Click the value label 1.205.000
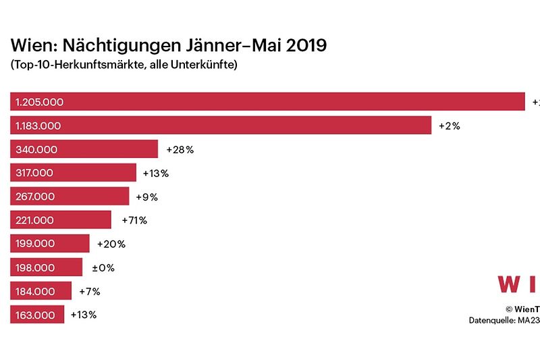[x=39, y=102]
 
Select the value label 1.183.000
[x=38, y=126]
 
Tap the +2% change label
[x=450, y=126]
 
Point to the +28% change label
[x=180, y=149]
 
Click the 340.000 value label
[x=36, y=149]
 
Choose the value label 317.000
[x=35, y=173]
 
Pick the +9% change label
[x=146, y=197]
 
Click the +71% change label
[x=134, y=220]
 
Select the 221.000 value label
[x=35, y=220]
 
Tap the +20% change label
[x=111, y=244]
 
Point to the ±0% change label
[x=103, y=267]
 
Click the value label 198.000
[x=35, y=267]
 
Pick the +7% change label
[x=89, y=291]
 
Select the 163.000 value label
[x=35, y=315]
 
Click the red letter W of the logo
[x=509, y=284]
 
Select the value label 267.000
[x=35, y=197]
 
